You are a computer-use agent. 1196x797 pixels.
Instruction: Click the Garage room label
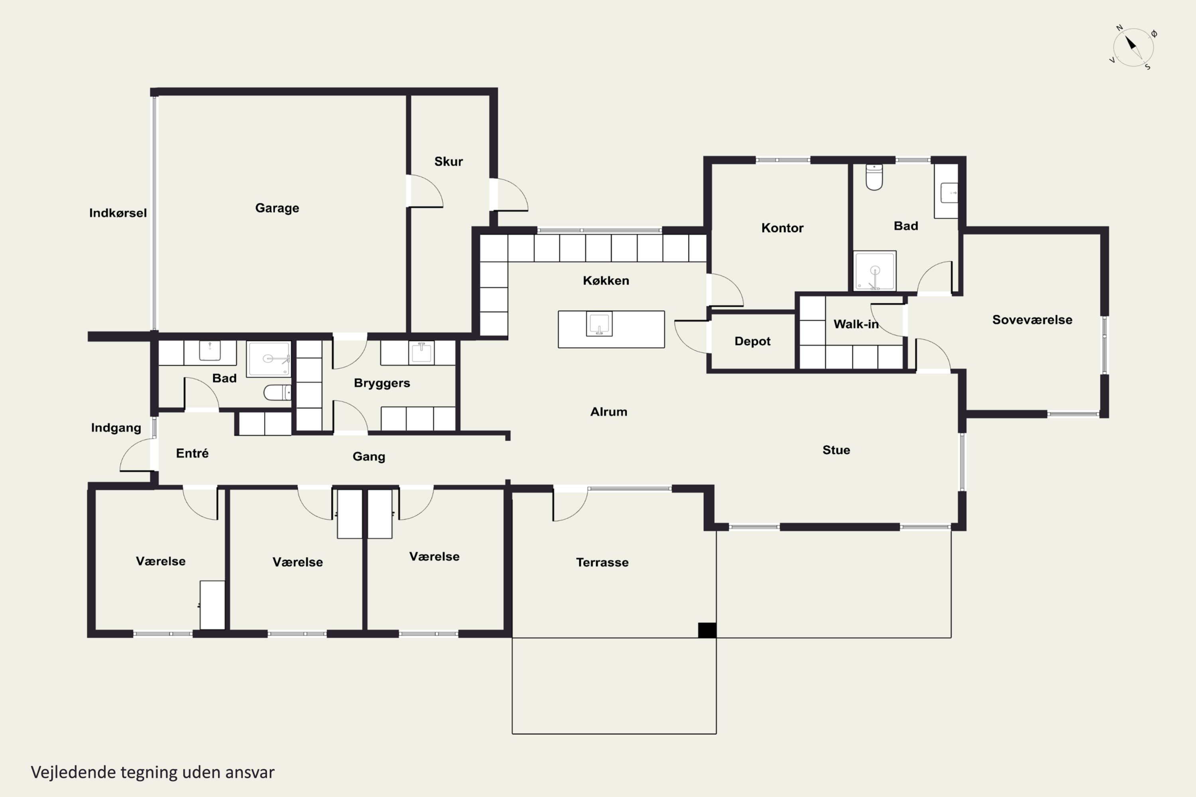[277, 208]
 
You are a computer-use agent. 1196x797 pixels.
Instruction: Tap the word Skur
[448, 162]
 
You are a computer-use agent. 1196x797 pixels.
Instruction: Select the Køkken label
[606, 281]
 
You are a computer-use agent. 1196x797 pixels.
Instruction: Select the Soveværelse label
[1032, 320]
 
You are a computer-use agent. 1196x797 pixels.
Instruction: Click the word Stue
[836, 450]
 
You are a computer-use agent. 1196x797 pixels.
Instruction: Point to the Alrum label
[609, 412]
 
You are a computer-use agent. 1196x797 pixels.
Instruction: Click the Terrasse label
[602, 562]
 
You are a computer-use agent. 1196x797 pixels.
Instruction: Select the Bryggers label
[382, 383]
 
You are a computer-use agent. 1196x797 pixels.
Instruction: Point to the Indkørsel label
[118, 213]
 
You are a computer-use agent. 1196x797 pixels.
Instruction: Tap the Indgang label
[116, 428]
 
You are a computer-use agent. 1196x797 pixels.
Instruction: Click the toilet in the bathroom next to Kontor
[874, 177]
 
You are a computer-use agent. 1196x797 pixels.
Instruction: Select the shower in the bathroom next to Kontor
[875, 271]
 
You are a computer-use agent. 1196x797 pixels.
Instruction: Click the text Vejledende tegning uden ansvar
[153, 772]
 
